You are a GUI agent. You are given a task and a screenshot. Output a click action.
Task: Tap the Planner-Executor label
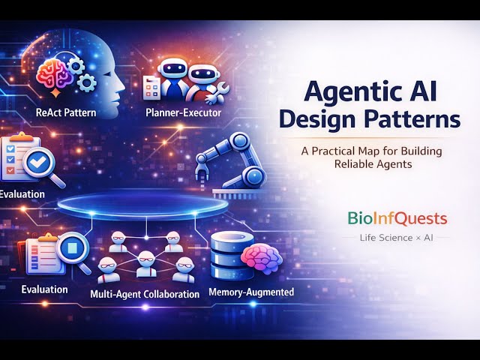[x=178, y=114]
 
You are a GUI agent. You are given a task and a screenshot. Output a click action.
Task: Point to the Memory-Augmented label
[x=250, y=292]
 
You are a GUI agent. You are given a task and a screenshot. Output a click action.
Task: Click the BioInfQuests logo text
[x=397, y=218]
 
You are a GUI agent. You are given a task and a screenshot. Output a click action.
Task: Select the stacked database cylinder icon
[x=226, y=255]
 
